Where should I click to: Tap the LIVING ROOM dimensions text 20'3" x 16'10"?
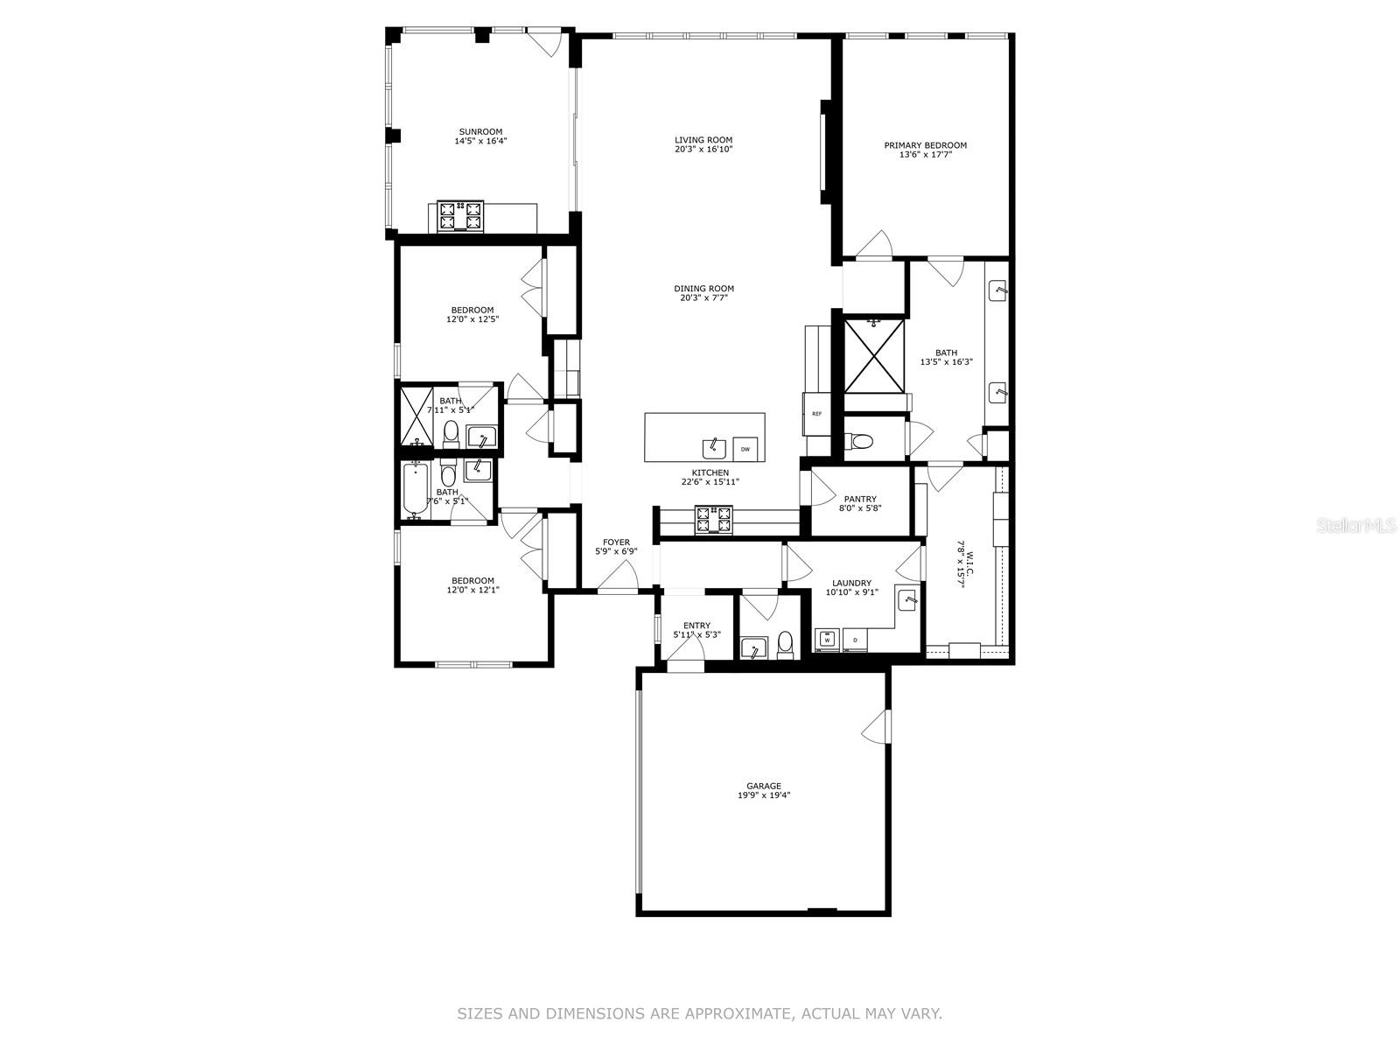coord(703,150)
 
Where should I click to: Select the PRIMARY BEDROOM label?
coord(925,145)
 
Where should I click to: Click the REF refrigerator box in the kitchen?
coord(816,413)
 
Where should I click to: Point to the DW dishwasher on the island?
coord(745,449)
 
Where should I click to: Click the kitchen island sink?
coord(715,448)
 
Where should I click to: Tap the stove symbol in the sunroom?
coord(461,217)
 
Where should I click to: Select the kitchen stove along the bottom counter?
coord(713,520)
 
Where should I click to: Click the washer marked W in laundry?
coord(826,640)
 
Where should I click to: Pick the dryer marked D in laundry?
coord(855,640)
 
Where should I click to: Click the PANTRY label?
coord(860,500)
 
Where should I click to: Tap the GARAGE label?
coord(763,786)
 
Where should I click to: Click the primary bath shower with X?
coord(873,356)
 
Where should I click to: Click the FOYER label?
coord(616,542)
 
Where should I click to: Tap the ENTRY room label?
coord(696,626)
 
